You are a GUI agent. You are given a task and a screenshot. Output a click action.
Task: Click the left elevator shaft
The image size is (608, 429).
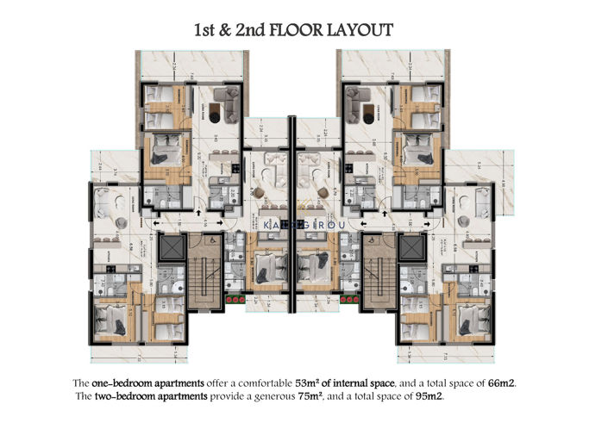[x=172, y=249]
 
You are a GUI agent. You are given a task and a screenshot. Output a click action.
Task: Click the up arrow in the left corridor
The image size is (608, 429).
[x=200, y=211]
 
